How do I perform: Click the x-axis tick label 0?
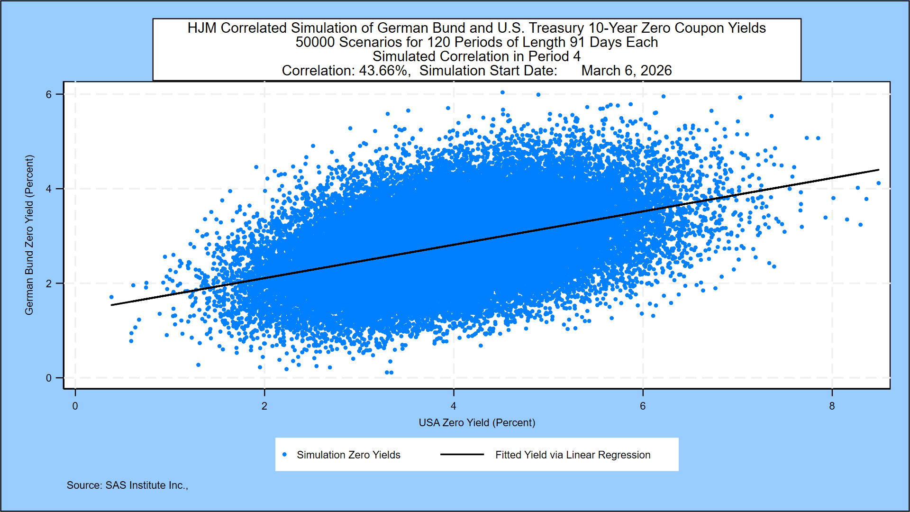[75, 406]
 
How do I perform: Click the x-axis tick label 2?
[264, 406]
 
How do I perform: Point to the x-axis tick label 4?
[454, 406]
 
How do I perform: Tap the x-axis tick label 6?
[643, 406]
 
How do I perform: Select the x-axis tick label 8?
[832, 406]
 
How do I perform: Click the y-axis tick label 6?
[49, 94]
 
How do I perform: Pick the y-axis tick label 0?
[49, 378]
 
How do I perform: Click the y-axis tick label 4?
[49, 189]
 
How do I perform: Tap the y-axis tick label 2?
[49, 283]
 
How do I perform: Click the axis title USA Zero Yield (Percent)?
[477, 422]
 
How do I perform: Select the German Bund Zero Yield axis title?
[29, 235]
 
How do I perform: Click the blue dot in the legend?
[284, 455]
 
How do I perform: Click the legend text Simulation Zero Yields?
[348, 455]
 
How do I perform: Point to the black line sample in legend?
[462, 455]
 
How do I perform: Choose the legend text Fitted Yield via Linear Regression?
[573, 455]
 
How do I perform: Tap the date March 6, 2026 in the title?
[627, 71]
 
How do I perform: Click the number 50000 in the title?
[315, 42]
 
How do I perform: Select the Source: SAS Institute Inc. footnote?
[127, 485]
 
